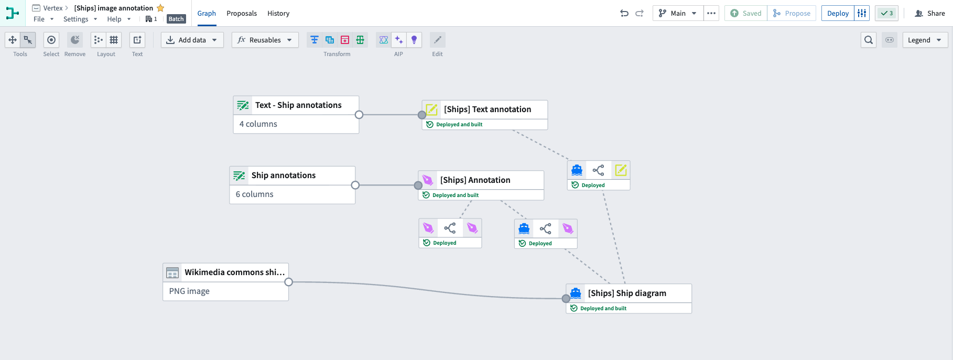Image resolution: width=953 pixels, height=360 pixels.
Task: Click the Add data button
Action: (x=192, y=40)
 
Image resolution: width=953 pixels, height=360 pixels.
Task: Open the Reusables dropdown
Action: (x=265, y=40)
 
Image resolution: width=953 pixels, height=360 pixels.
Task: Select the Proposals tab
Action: (x=242, y=13)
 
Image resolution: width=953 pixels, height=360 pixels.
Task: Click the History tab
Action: (x=278, y=13)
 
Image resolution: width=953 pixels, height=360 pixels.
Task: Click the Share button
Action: (x=930, y=13)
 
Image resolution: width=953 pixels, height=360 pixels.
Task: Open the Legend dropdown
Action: (x=925, y=40)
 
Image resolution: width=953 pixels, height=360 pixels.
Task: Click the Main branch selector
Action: (x=678, y=13)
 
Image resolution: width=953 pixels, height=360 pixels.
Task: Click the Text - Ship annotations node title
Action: (x=298, y=105)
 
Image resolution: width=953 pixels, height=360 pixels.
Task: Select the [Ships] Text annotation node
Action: (x=487, y=110)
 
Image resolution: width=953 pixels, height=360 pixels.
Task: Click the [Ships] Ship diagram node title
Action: (x=627, y=293)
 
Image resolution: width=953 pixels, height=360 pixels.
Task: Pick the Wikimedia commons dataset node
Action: (x=234, y=272)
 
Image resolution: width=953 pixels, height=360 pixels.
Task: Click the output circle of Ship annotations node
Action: (x=355, y=185)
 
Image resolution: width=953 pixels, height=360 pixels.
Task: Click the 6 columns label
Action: (x=255, y=194)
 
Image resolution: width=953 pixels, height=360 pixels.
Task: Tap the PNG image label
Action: (x=189, y=291)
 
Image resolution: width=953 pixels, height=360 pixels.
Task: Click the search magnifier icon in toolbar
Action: (x=869, y=40)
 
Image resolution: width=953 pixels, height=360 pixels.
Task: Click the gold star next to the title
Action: (x=160, y=8)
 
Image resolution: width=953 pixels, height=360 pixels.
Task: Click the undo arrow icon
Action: (x=624, y=13)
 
